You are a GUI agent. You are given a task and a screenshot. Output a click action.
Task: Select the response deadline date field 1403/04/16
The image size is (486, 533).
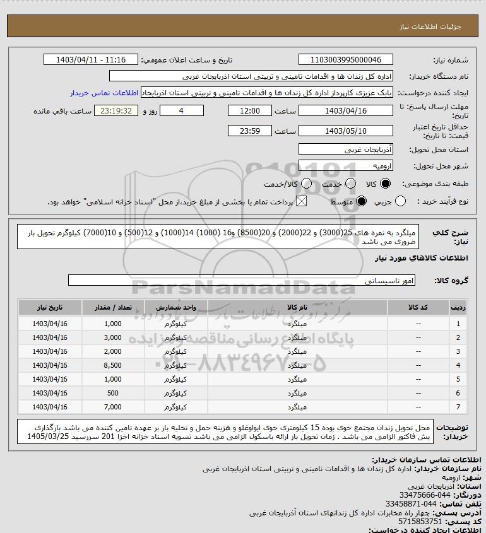pos(345,110)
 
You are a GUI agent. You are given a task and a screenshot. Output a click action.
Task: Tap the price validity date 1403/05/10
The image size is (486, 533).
pos(345,131)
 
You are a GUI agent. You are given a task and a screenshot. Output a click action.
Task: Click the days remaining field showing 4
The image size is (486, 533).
pos(182,110)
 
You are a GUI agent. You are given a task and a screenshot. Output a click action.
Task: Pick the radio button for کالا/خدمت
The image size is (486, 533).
pos(307,184)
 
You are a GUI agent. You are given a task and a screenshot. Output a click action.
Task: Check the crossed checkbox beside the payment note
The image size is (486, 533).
pos(301,201)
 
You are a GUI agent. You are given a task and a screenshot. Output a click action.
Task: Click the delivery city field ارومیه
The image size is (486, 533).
pos(345,166)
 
